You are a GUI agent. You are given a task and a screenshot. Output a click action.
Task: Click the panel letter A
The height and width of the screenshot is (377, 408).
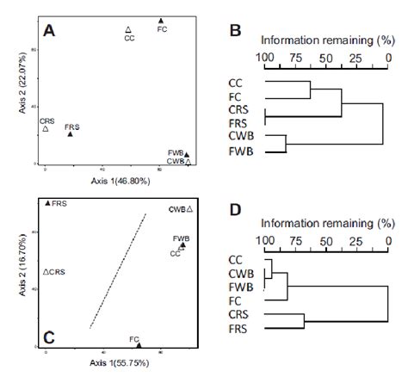click(50, 32)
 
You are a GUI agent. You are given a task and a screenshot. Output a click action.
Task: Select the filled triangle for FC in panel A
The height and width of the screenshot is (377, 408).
click(162, 21)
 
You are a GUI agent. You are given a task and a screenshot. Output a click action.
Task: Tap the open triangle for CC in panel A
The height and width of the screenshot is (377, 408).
click(128, 29)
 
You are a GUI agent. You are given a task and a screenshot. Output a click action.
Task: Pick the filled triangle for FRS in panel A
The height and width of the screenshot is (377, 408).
click(71, 133)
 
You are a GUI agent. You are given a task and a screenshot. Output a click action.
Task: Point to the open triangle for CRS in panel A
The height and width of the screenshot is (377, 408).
click(46, 129)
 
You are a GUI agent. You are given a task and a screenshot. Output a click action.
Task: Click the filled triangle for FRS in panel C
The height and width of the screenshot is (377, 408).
click(48, 203)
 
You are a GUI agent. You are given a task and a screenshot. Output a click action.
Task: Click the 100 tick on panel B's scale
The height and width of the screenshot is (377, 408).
click(264, 58)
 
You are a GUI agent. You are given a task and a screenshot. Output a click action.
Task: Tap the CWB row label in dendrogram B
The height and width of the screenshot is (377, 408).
click(238, 136)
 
